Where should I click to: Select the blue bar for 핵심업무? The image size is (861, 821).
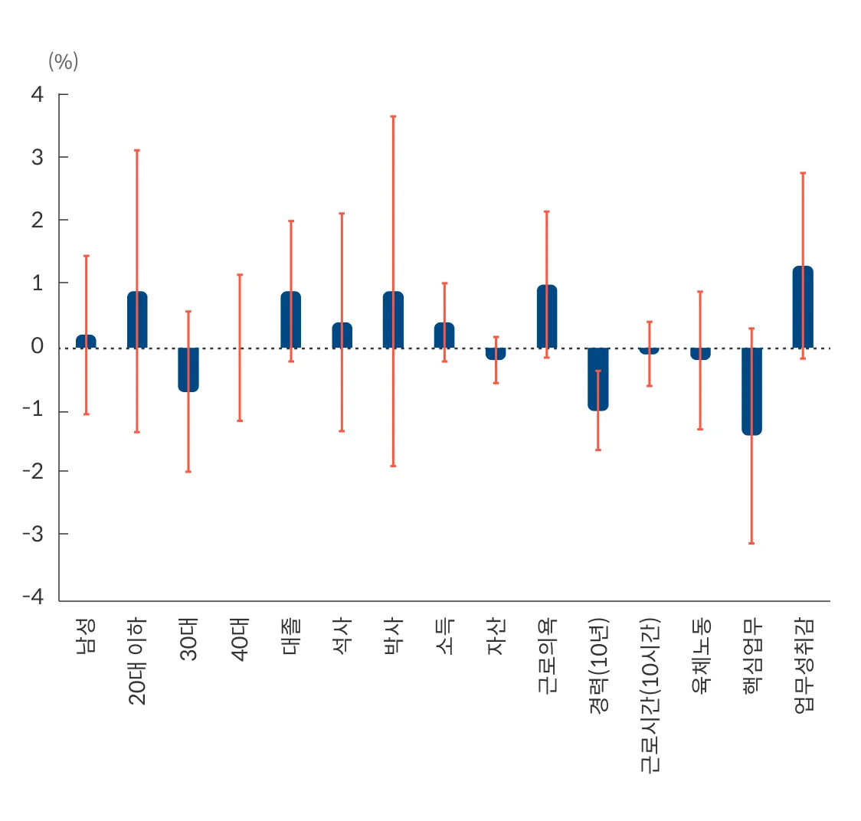coord(751,391)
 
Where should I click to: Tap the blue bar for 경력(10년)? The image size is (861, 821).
coord(598,379)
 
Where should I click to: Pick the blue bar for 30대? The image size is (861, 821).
coord(188,370)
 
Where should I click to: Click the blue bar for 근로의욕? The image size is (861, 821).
coord(547,317)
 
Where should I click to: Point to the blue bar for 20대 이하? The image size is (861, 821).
coord(137,320)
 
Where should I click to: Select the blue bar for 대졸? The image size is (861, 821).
coord(291,320)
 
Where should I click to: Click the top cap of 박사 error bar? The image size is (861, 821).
coord(393,116)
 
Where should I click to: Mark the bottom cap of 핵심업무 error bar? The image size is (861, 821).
coord(751,543)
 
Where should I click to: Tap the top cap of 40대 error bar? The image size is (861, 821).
coord(240,274)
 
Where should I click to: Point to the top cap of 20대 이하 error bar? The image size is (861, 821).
coord(137,150)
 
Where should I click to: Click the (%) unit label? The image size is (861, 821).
coord(64,61)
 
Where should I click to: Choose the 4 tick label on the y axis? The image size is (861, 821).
coord(38,94)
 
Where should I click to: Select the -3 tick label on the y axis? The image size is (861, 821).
coord(33,534)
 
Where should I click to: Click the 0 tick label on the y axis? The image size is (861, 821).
coord(38,346)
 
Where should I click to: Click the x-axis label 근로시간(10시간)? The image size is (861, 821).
coord(650,695)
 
